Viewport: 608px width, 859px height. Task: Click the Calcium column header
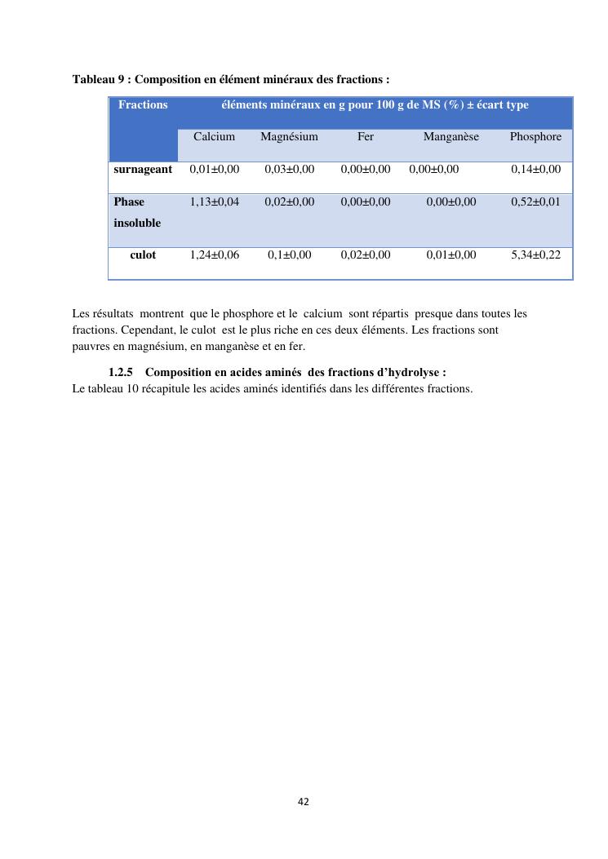(214, 137)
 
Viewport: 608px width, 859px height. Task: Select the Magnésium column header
(289, 137)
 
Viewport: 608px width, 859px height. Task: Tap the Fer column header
(366, 137)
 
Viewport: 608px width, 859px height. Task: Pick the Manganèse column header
(450, 137)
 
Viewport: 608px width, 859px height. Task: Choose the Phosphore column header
(535, 137)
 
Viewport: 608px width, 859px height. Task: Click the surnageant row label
(143, 169)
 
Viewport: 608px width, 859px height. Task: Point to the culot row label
(143, 255)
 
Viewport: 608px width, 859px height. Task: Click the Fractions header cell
(143, 105)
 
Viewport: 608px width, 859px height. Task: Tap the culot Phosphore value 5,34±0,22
(535, 255)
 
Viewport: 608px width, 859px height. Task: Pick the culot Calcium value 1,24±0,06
(214, 255)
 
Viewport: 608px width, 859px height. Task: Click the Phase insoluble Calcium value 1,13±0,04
(214, 201)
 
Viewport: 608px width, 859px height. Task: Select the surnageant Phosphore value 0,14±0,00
(535, 169)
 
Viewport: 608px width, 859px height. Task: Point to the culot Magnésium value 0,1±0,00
(289, 255)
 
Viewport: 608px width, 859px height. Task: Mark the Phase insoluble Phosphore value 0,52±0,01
(535, 201)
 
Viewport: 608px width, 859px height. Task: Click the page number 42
(304, 802)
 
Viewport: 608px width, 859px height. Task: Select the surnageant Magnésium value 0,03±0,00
(289, 169)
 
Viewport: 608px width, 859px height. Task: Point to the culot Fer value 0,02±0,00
(366, 255)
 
